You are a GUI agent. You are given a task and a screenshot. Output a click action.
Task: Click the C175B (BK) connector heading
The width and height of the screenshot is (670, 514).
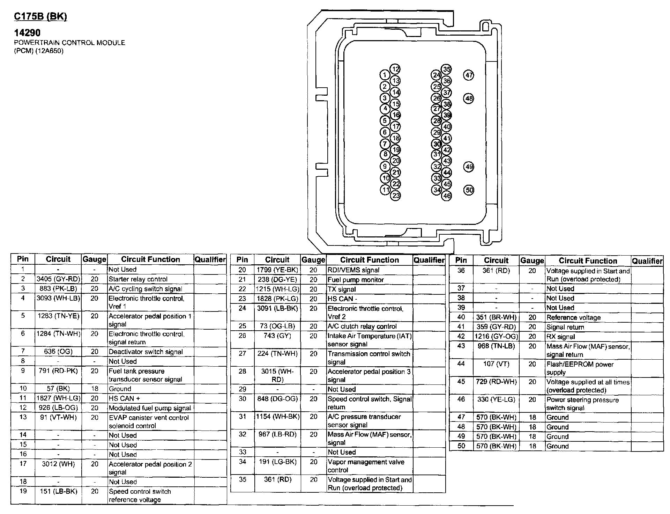coord(40,16)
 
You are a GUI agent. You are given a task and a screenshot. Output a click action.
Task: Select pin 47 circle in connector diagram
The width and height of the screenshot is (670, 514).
coord(469,75)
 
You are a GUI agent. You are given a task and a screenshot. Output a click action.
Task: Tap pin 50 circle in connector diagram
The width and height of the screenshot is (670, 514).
coord(469,190)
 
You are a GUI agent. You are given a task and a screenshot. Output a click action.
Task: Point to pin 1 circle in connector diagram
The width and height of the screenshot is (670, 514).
coord(385,75)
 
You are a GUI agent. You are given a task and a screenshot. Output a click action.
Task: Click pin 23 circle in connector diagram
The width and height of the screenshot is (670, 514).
coord(395,195)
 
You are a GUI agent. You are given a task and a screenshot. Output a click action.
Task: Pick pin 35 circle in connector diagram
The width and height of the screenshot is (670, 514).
coord(447,69)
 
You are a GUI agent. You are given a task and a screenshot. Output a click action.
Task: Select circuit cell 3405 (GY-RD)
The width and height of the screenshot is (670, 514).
coord(58,279)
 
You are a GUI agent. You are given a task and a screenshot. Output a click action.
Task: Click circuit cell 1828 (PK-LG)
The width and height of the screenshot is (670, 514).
coord(277,299)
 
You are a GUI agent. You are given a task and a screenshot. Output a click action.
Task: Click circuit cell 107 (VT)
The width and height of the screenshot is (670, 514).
coord(496,364)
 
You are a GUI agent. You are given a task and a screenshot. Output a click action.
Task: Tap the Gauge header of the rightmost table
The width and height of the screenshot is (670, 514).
coord(532,260)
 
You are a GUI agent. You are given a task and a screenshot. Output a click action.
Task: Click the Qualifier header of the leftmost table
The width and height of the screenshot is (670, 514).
coord(210,259)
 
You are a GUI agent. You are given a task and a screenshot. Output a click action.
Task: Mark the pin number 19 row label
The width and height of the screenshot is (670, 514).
coord(23,491)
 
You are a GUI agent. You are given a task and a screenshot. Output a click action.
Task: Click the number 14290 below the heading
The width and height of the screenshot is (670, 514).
coord(27,33)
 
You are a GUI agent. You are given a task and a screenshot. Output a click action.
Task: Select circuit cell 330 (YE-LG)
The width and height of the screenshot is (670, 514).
coord(496,399)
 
